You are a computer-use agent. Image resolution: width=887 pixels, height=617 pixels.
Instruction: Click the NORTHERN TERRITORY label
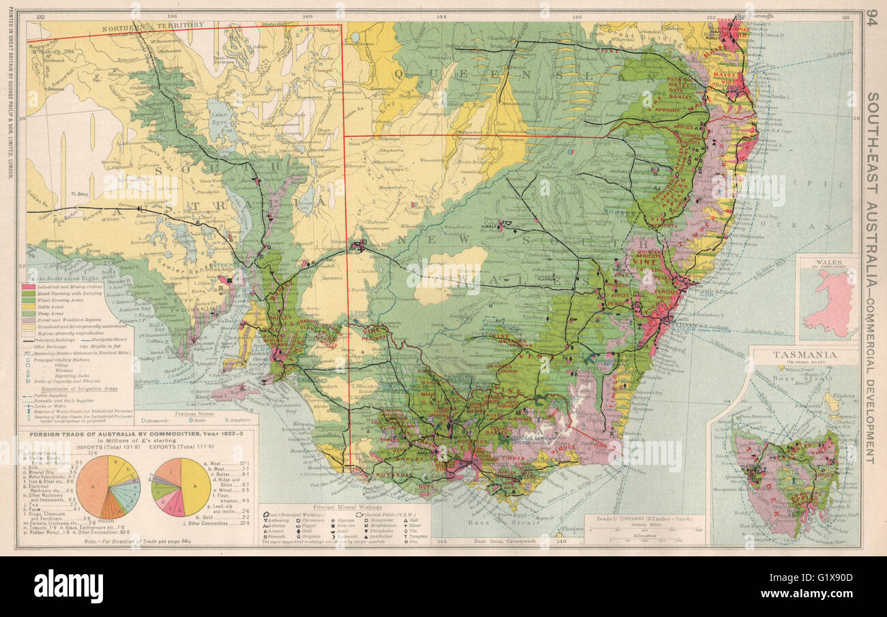click(x=162, y=25)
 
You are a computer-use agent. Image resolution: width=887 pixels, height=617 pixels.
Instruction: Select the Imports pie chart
click(x=108, y=487)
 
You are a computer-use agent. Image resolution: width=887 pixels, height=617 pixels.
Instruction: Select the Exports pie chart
click(x=181, y=487)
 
